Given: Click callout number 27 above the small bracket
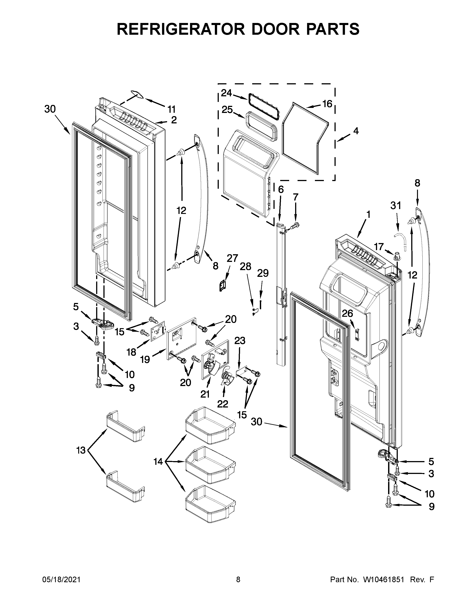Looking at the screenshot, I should [232, 258].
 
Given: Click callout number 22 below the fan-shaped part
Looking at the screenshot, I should [223, 404].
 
